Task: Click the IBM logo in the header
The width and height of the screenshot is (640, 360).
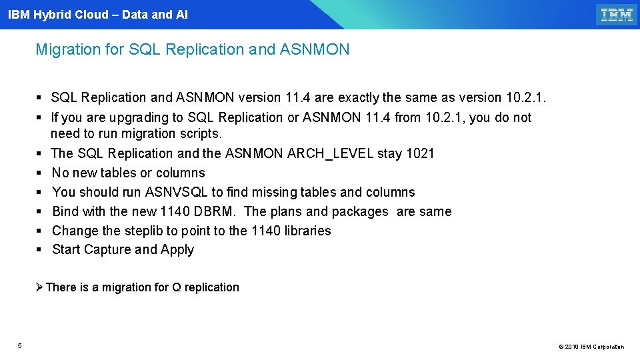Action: pyautogui.click(x=617, y=15)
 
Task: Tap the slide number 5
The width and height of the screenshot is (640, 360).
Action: pyautogui.click(x=20, y=345)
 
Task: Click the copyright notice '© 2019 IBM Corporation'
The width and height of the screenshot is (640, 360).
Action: pyautogui.click(x=591, y=347)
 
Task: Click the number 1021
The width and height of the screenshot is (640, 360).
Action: pyautogui.click(x=421, y=153)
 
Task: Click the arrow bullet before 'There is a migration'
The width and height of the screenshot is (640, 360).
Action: pyautogui.click(x=39, y=287)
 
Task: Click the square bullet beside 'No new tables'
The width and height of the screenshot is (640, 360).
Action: pyautogui.click(x=39, y=173)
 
